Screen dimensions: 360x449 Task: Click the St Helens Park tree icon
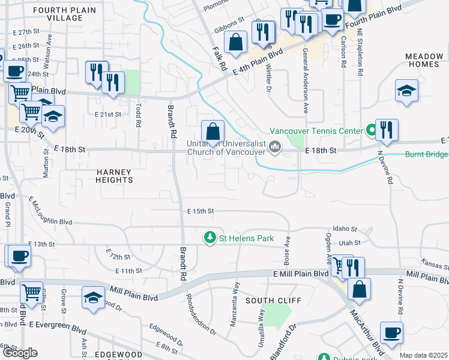pos(210,238)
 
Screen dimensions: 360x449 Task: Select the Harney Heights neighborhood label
pos(114,175)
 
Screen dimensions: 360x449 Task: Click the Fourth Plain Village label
pos(58,14)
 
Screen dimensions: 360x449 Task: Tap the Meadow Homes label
pos(424,60)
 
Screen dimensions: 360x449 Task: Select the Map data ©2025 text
pos(423,355)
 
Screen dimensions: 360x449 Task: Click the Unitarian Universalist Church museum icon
pos(275,146)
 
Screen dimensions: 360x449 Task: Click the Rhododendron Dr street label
pos(199,313)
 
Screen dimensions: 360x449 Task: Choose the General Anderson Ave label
pos(306,81)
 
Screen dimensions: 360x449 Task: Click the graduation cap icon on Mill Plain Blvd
pos(93,298)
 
